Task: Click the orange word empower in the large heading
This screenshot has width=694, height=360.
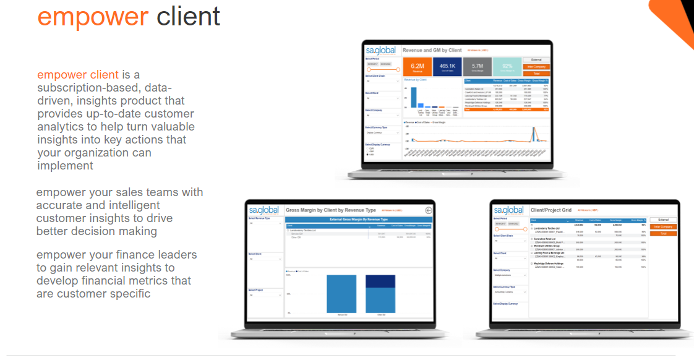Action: [93, 17]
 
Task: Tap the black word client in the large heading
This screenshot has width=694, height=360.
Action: [188, 17]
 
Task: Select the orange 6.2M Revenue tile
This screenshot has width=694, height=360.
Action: [418, 67]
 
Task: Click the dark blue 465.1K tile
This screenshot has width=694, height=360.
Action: [447, 67]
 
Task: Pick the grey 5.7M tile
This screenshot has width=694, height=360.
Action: [477, 67]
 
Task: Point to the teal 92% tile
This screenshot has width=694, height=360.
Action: [507, 67]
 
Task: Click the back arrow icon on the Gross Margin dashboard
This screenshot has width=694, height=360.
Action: [429, 210]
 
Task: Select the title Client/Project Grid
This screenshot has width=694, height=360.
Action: [550, 210]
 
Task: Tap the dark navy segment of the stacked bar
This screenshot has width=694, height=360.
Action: [379, 282]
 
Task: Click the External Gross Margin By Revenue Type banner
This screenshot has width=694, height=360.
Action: [358, 220]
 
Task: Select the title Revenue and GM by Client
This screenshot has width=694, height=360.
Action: [432, 50]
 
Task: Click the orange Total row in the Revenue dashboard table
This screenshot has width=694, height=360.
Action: [506, 109]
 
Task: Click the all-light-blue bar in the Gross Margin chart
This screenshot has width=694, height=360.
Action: [341, 294]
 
